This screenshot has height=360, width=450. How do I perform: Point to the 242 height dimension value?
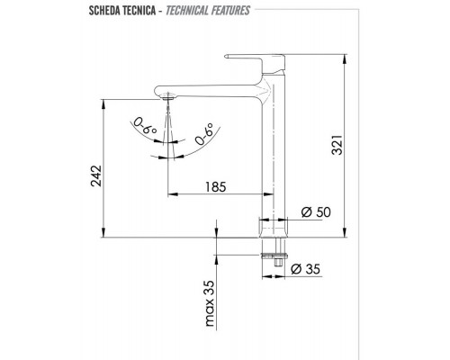click(95, 180)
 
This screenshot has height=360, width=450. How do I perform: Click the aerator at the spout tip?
click(168, 100)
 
